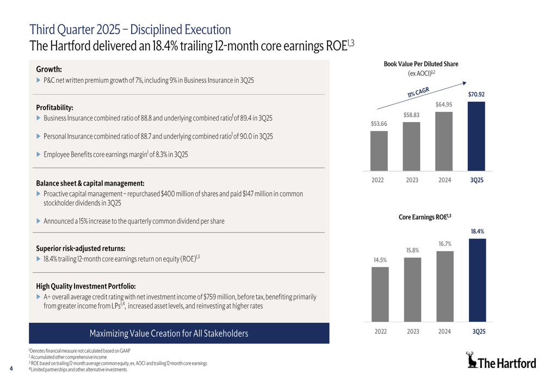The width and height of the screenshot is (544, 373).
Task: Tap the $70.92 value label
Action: coord(476,94)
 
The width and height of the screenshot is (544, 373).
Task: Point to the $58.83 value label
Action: coord(412,114)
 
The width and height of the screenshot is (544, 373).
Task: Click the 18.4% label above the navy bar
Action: coord(477,231)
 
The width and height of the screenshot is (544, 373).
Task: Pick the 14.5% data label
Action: coord(380,260)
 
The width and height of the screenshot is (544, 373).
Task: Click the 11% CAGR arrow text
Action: coord(419,92)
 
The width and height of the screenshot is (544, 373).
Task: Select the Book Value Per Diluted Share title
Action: coord(421,64)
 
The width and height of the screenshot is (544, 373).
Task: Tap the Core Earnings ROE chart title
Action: coord(424,217)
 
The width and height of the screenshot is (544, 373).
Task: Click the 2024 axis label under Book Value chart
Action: coord(444,180)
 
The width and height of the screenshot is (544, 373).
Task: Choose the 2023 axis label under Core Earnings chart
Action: coord(412,331)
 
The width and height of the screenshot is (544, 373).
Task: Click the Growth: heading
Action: coord(48,69)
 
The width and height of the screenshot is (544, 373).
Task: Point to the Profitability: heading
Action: coord(54,107)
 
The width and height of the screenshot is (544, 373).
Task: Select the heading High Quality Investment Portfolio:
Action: coord(85,286)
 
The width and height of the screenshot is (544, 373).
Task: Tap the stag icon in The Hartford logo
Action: coord(471,359)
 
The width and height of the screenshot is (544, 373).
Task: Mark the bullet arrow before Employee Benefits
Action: coord(38,155)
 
